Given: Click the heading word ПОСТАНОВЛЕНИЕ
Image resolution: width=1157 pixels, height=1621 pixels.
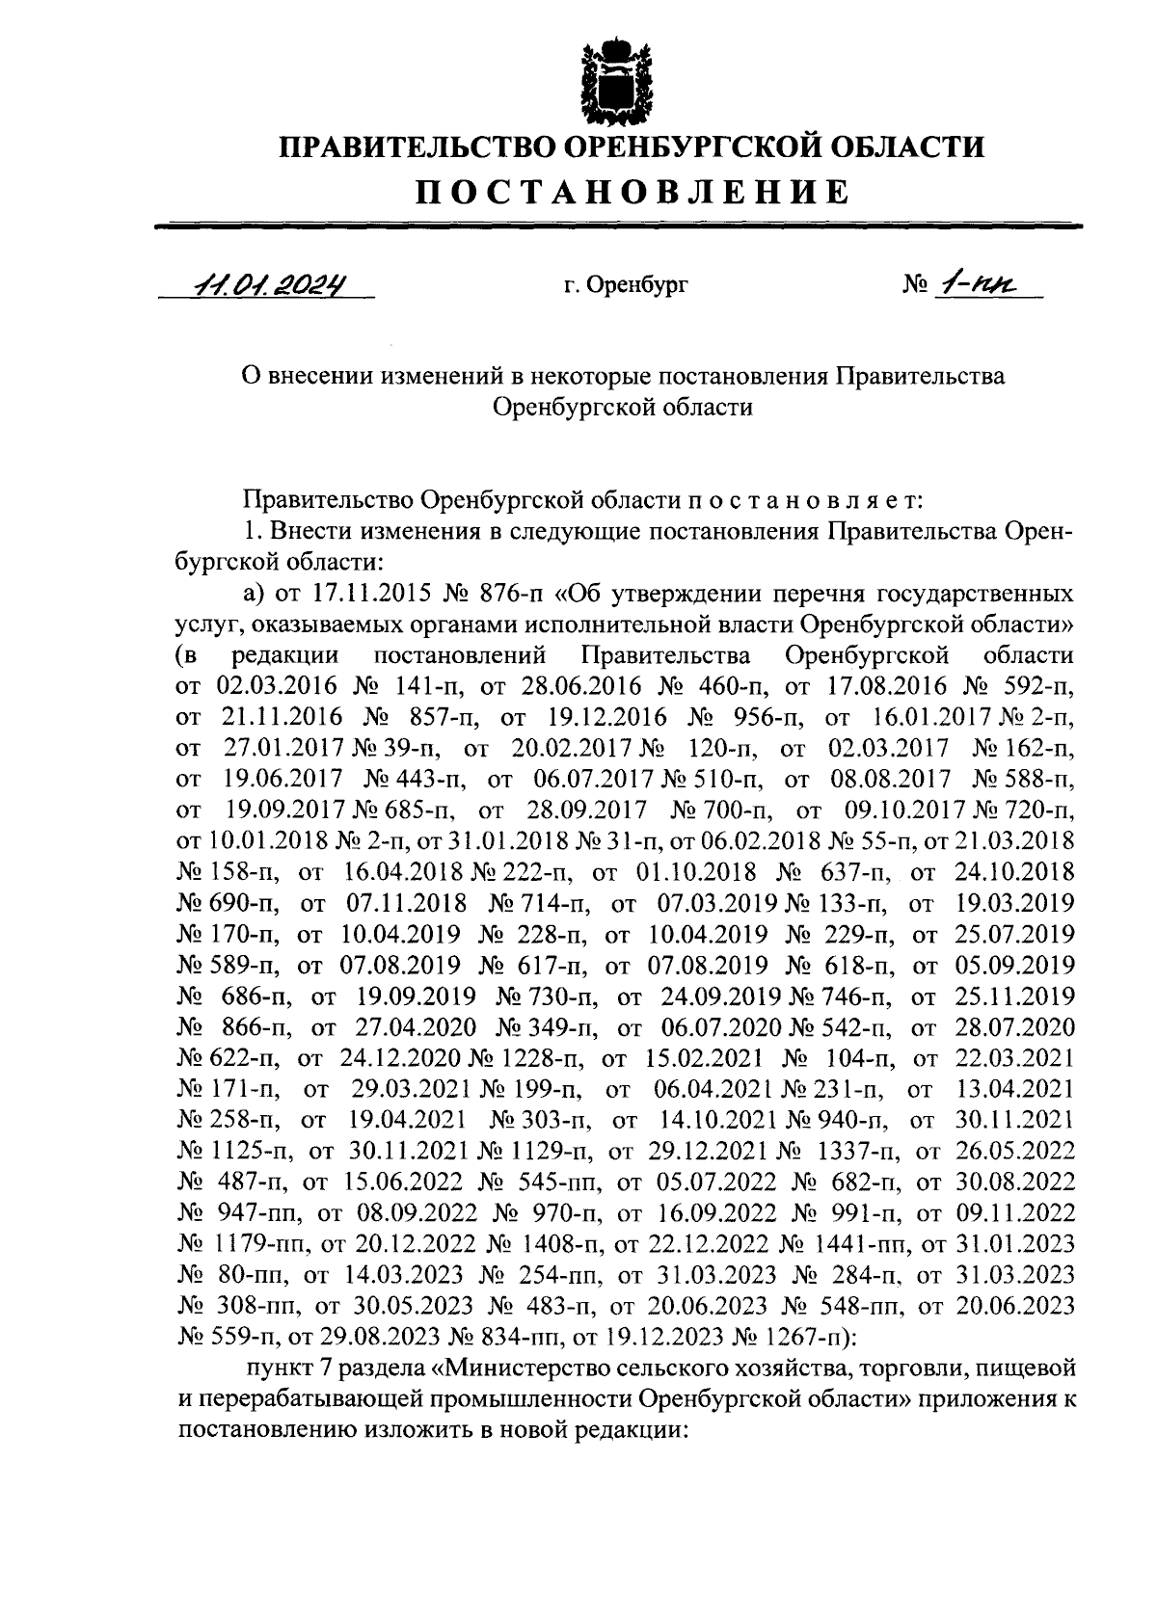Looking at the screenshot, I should click(632, 193).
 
